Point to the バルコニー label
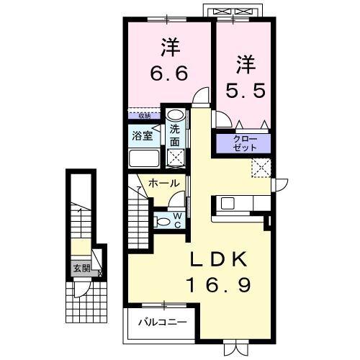click(167, 322)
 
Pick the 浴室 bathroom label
click(141, 135)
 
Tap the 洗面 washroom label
click(175, 135)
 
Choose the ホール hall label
click(164, 184)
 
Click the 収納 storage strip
click(145, 114)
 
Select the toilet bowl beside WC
click(162, 220)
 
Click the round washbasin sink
click(175, 116)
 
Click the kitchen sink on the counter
click(230, 203)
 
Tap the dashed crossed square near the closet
click(259, 168)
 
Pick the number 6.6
click(170, 74)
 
